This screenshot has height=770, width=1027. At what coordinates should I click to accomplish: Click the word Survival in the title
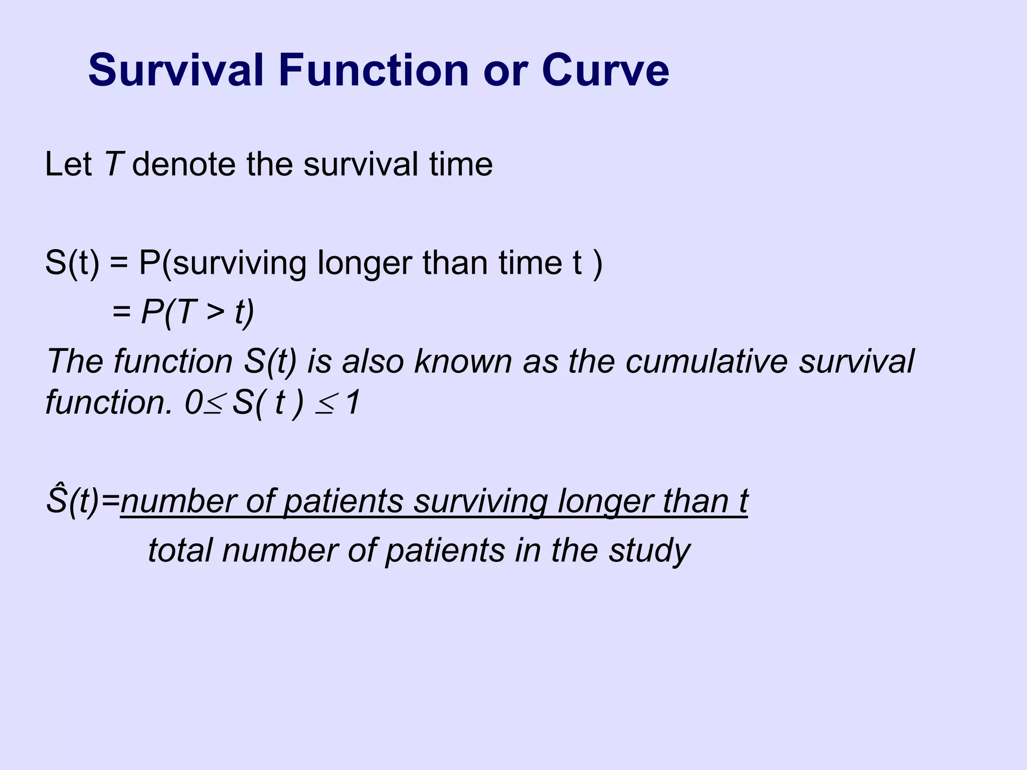176,70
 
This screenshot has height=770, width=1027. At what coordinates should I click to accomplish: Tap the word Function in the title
374,70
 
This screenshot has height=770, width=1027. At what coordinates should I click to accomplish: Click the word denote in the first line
184,164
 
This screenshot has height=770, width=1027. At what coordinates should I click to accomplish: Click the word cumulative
706,361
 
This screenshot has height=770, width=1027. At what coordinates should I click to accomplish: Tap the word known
461,361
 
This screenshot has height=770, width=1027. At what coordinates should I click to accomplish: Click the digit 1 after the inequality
353,402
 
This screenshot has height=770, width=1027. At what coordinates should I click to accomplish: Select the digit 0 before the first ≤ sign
193,402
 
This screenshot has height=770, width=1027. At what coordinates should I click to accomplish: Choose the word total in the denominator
180,550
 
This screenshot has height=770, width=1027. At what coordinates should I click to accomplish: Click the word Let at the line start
68,164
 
